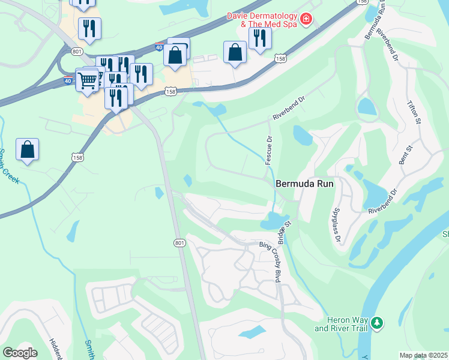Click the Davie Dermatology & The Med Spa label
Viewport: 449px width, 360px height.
261,20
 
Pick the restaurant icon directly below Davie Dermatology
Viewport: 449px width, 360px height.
260,38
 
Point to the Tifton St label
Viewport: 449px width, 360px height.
414,113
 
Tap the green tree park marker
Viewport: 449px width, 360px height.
377,323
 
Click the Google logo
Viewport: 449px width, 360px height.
20,352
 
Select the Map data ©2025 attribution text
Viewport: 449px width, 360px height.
423,355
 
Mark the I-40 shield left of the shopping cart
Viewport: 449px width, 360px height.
68,80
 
